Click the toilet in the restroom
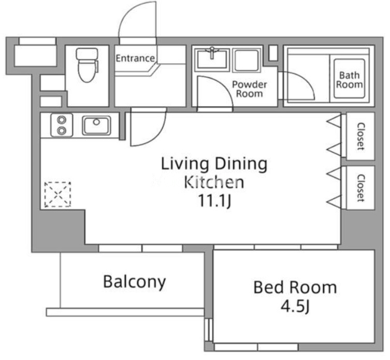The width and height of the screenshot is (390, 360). pyautogui.click(x=87, y=65)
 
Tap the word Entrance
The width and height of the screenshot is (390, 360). pyautogui.click(x=135, y=58)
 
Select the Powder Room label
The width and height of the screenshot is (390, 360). pyautogui.click(x=249, y=89)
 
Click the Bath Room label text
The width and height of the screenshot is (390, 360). pyautogui.click(x=349, y=80)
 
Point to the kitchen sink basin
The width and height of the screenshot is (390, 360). pyautogui.click(x=96, y=125)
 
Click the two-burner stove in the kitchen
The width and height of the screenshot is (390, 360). pyautogui.click(x=62, y=125)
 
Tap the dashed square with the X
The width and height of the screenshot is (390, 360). pyautogui.click(x=57, y=195)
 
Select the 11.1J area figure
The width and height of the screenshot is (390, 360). pyautogui.click(x=214, y=201)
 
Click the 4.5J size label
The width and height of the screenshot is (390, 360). pyautogui.click(x=295, y=307)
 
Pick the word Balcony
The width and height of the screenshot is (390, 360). pyautogui.click(x=134, y=282)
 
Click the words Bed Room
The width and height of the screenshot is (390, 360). pyautogui.click(x=295, y=287)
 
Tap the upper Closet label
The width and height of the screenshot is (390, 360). pyautogui.click(x=360, y=136)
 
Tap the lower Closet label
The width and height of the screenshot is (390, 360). pyautogui.click(x=360, y=188)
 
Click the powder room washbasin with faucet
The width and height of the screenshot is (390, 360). pyautogui.click(x=212, y=59)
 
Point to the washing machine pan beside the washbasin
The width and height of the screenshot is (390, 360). pyautogui.click(x=247, y=60)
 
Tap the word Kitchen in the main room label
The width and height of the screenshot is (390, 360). pyautogui.click(x=214, y=182)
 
